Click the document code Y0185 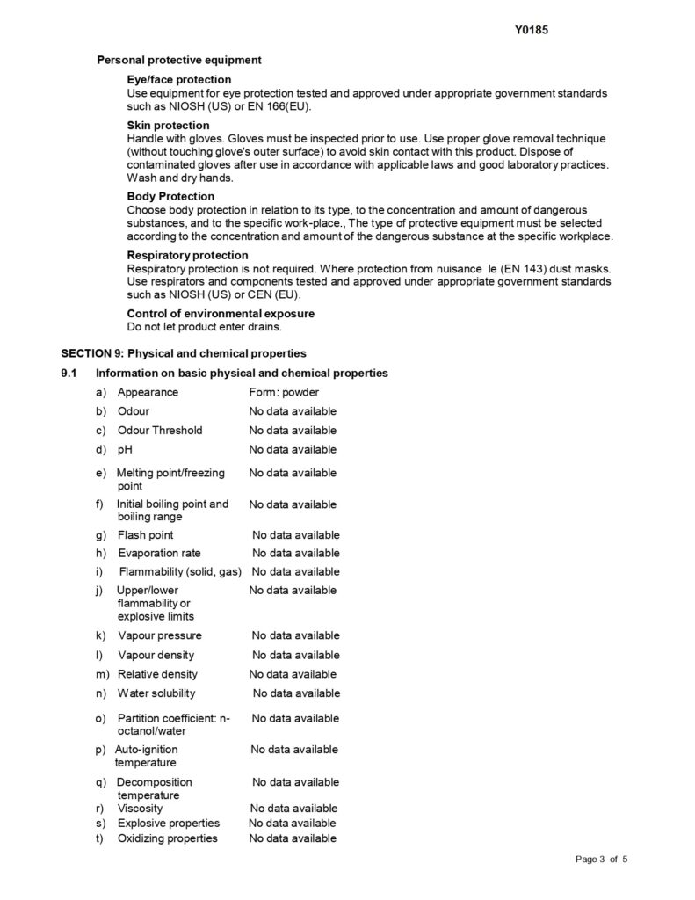click(532, 28)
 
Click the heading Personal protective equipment click(178, 61)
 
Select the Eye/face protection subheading click(178, 80)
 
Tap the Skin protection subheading click(168, 126)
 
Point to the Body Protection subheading click(170, 196)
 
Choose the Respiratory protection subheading click(187, 255)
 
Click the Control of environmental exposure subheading click(221, 313)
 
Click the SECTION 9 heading click(183, 353)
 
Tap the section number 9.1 click(69, 373)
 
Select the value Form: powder click(284, 392)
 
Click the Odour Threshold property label click(160, 431)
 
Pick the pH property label click(125, 450)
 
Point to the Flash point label click(146, 535)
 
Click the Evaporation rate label click(159, 554)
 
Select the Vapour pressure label click(160, 635)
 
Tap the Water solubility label click(156, 693)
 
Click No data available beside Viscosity click(293, 808)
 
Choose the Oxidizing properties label click(167, 838)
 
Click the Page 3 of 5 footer click(602, 882)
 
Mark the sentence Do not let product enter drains click(204, 327)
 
